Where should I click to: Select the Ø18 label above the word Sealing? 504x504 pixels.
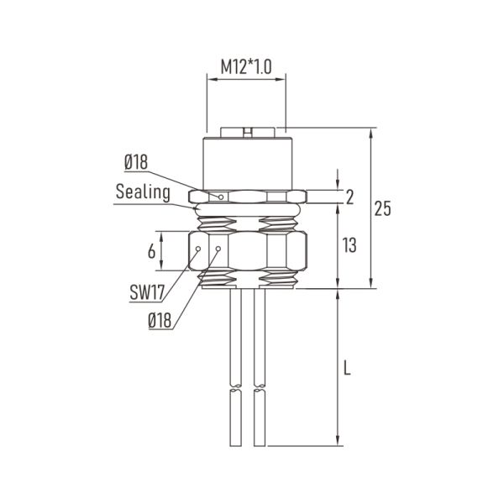coord(137,162)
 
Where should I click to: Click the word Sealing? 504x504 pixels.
coord(143,192)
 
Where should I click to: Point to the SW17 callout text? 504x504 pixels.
coord(146,292)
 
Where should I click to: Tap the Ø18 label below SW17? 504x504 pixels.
coord(160,320)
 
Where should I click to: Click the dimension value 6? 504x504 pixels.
coord(151,251)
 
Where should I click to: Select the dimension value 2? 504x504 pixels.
coord(350,197)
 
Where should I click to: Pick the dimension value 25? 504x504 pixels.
coord(382,210)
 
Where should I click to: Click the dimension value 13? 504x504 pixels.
coord(350,245)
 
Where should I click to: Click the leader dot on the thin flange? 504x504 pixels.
coord(221,197)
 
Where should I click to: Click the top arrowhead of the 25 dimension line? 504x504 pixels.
coord(372,133)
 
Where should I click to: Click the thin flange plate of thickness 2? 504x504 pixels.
coord(277,197)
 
